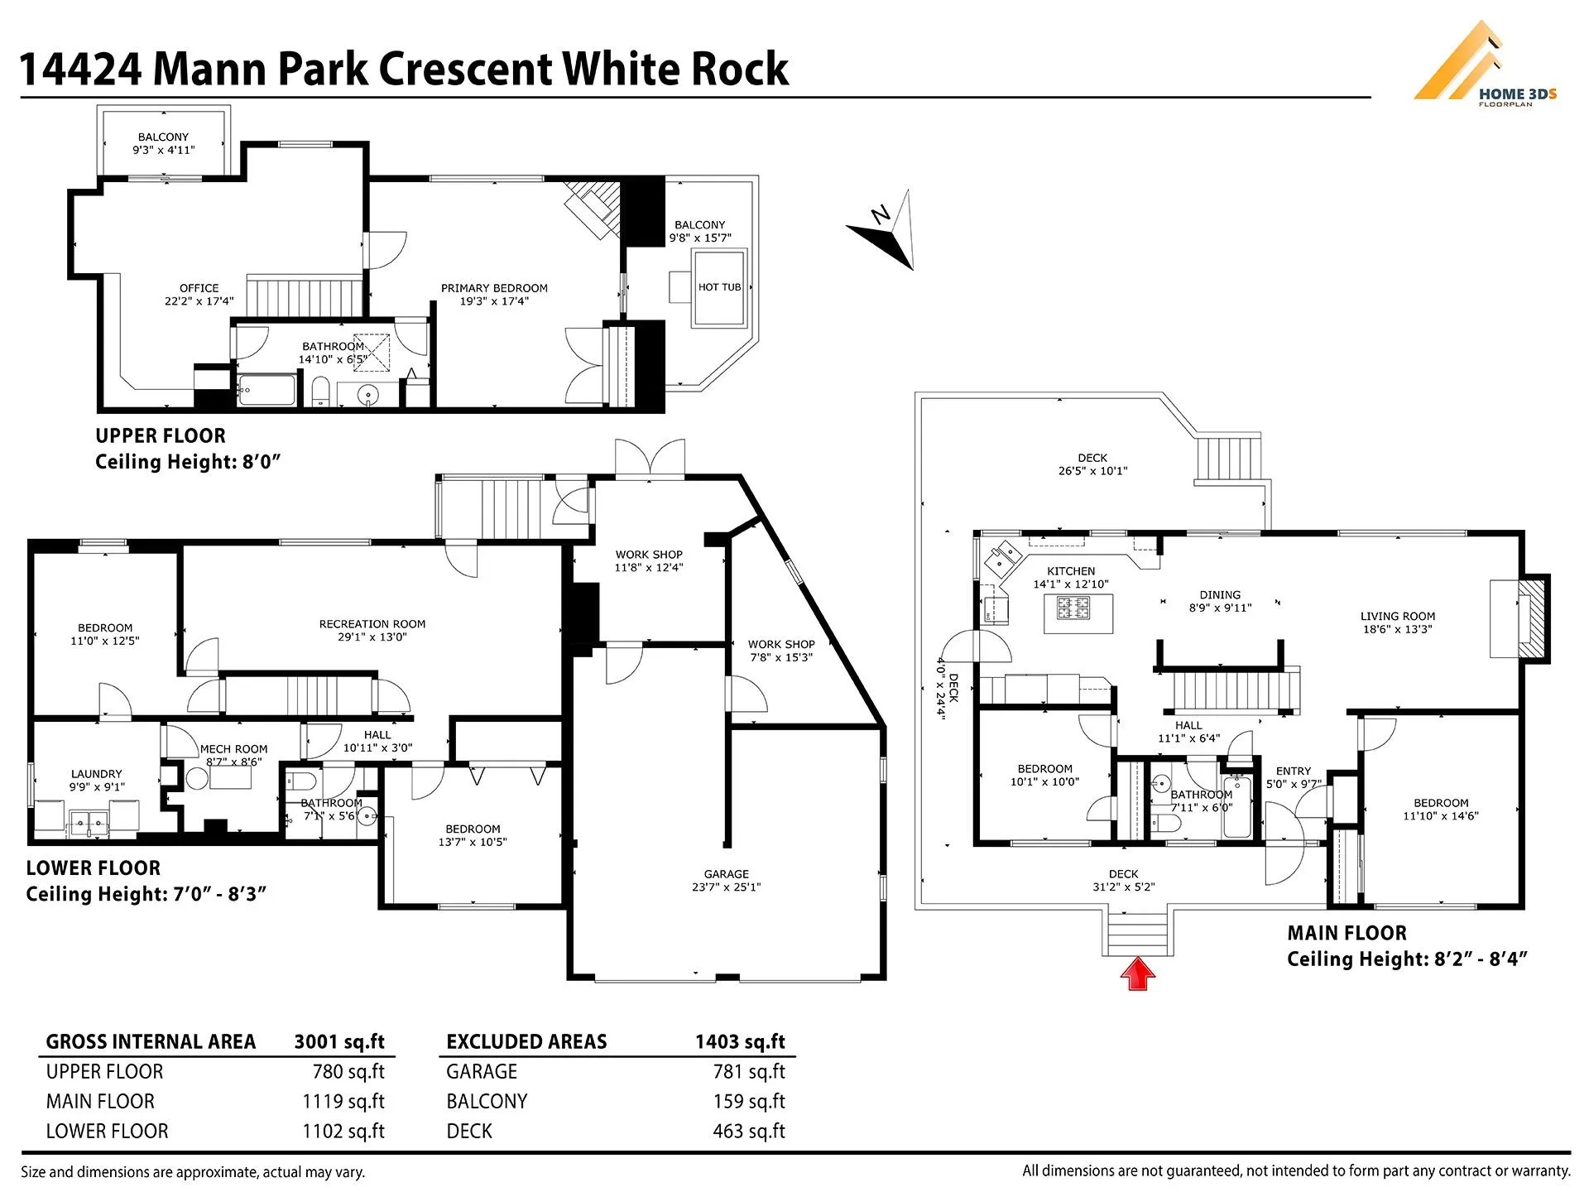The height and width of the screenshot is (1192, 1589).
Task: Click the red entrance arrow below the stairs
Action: pyautogui.click(x=1138, y=974)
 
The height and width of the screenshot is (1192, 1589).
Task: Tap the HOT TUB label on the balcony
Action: pyautogui.click(x=719, y=287)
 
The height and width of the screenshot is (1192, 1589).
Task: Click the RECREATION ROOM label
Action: pyautogui.click(x=372, y=624)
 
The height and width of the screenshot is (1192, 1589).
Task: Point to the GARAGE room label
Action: pyautogui.click(x=726, y=874)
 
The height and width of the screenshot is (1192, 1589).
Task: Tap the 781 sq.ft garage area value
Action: pyautogui.click(x=749, y=1071)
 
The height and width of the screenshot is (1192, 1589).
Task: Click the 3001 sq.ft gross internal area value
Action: pyautogui.click(x=339, y=1041)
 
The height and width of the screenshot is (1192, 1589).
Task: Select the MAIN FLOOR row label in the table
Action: pyautogui.click(x=100, y=1101)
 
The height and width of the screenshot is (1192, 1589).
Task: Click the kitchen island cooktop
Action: pyautogui.click(x=1073, y=609)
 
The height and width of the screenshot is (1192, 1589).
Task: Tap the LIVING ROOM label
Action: pyautogui.click(x=1397, y=616)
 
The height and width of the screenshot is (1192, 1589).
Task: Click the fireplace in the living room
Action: pyautogui.click(x=1531, y=618)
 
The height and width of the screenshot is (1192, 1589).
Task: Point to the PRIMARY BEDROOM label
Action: pyautogui.click(x=494, y=288)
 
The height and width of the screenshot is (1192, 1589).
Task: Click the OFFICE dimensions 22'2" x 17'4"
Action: pyautogui.click(x=199, y=301)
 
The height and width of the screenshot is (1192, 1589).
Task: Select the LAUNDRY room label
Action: pyautogui.click(x=97, y=774)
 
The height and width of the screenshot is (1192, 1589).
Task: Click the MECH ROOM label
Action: pyautogui.click(x=233, y=749)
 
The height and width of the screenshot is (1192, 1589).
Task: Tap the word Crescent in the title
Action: pyautogui.click(x=466, y=69)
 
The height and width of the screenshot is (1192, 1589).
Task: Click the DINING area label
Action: pyautogui.click(x=1220, y=594)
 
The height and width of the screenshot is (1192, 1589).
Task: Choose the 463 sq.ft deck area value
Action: pyautogui.click(x=749, y=1131)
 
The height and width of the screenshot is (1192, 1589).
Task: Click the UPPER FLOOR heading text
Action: pyautogui.click(x=160, y=435)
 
